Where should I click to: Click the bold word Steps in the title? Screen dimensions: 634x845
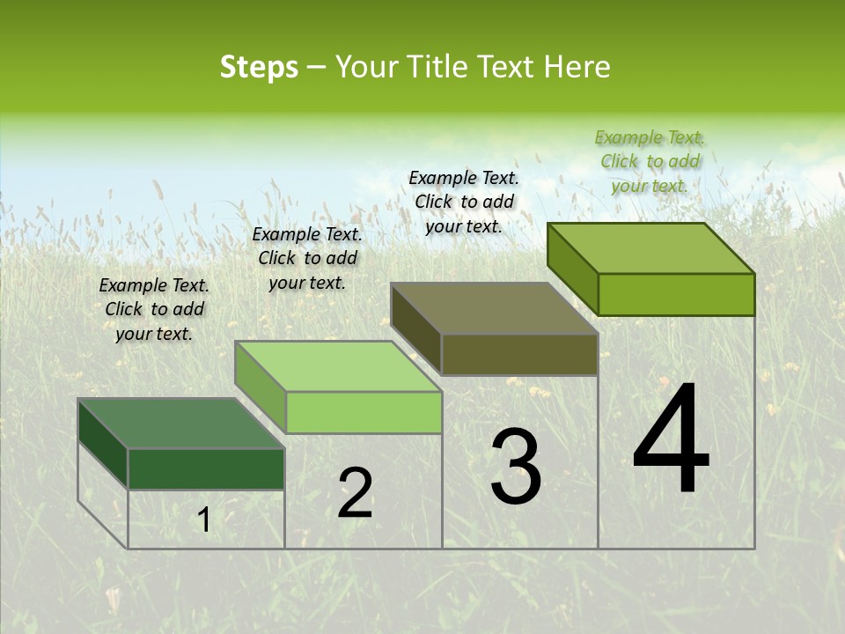click(259, 68)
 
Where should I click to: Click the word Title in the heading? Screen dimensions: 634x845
click(439, 68)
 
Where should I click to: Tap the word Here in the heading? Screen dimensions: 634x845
click(577, 68)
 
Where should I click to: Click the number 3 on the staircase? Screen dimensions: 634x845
click(516, 467)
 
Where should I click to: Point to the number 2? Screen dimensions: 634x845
click(355, 493)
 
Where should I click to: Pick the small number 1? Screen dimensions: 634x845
click(203, 520)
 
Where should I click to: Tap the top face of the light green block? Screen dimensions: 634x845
click(337, 366)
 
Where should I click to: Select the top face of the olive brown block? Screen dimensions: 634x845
click(494, 309)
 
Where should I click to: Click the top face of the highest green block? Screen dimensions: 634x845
click(650, 248)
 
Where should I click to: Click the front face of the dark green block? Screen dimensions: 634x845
click(206, 468)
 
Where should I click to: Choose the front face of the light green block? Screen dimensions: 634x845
click(363, 412)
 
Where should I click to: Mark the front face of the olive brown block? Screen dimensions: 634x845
click(519, 354)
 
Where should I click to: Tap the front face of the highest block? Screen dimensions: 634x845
click(676, 294)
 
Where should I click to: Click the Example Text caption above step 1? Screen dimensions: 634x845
click(154, 309)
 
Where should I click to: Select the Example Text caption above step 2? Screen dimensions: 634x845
click(307, 258)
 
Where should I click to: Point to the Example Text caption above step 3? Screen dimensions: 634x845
click(464, 202)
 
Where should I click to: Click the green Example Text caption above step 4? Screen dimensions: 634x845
click(650, 161)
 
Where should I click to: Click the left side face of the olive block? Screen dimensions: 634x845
click(415, 328)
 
